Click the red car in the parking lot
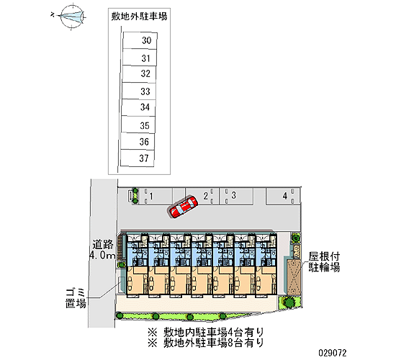183,207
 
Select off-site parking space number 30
140,40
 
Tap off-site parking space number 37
137,158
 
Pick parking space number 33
139,91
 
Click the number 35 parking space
138,125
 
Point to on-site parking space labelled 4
283,196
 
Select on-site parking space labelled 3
236,196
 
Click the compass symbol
72,17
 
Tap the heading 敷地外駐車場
139,17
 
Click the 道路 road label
103,245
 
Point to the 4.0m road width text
102,255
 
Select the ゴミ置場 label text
76,298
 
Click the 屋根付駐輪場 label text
324,262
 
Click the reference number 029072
333,353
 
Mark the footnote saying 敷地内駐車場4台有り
206,332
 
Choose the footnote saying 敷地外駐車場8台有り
206,343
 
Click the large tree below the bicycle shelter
288,302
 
